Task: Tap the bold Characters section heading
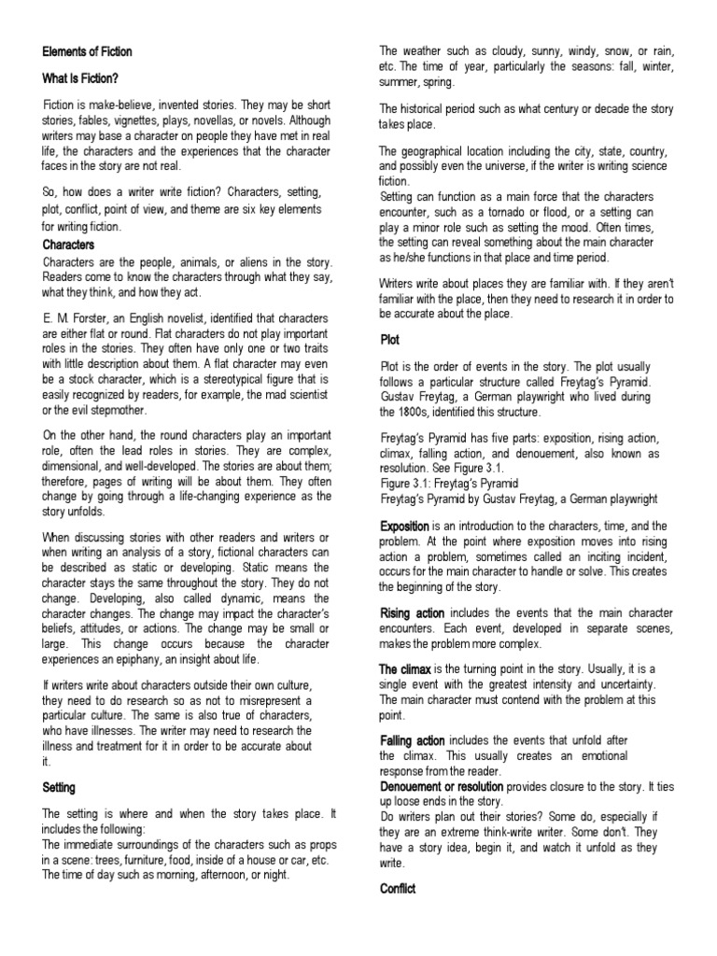[69, 245]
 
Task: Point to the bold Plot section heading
[390, 341]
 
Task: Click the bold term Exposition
[404, 526]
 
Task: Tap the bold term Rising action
[412, 612]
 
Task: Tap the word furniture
[161, 861]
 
